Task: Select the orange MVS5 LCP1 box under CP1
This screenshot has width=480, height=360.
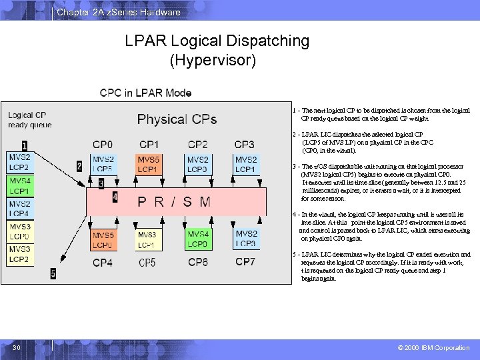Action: pyautogui.click(x=149, y=165)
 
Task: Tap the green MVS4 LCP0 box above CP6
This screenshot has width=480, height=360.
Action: pyautogui.click(x=198, y=239)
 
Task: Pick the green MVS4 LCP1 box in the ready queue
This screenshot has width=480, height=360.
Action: pyautogui.click(x=19, y=186)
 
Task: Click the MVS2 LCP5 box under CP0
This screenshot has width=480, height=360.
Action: pyautogui.click(x=103, y=165)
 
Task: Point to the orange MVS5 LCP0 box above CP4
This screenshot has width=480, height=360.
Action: pyautogui.click(x=103, y=240)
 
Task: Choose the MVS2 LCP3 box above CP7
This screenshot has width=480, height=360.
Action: pyautogui.click(x=245, y=239)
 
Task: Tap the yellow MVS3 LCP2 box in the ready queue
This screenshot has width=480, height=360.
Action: pyautogui.click(x=19, y=255)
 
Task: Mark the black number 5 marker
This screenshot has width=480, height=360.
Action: pyautogui.click(x=53, y=273)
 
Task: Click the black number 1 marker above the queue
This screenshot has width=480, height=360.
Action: pyautogui.click(x=25, y=145)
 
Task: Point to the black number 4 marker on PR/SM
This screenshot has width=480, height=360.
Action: pyautogui.click(x=115, y=197)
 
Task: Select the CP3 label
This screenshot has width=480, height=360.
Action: pyautogui.click(x=244, y=144)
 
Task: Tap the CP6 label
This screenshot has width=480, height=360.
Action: pyautogui.click(x=198, y=262)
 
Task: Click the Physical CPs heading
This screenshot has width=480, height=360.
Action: pyautogui.click(x=177, y=119)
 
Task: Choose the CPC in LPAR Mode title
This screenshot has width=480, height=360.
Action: pyautogui.click(x=145, y=93)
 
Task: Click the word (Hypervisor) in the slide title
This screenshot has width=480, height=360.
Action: pyautogui.click(x=213, y=61)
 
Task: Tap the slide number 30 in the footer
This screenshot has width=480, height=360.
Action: pyautogui.click(x=17, y=348)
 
